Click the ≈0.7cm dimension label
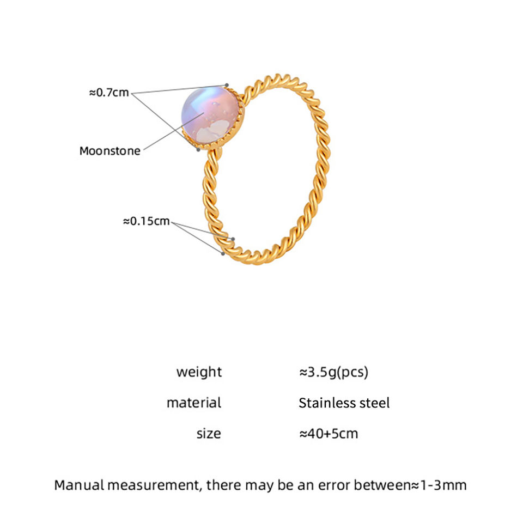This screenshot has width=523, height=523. click(x=109, y=93)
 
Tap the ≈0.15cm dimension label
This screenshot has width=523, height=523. click(x=147, y=221)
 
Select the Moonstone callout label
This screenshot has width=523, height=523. click(x=110, y=151)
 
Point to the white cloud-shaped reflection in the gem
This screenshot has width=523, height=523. click(x=211, y=129)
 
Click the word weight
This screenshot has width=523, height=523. click(x=199, y=372)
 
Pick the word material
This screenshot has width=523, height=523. click(x=194, y=403)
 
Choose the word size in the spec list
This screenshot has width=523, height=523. click(x=209, y=434)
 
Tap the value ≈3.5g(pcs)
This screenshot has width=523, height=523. click(x=333, y=372)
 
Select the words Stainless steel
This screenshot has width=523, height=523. click(x=344, y=403)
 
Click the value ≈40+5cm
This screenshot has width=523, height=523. click(x=329, y=434)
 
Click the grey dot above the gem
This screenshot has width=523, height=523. click(x=227, y=84)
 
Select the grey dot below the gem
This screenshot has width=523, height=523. click(x=198, y=150)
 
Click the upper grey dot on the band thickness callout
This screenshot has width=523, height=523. click(x=233, y=239)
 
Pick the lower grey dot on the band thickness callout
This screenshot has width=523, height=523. click(x=223, y=253)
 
